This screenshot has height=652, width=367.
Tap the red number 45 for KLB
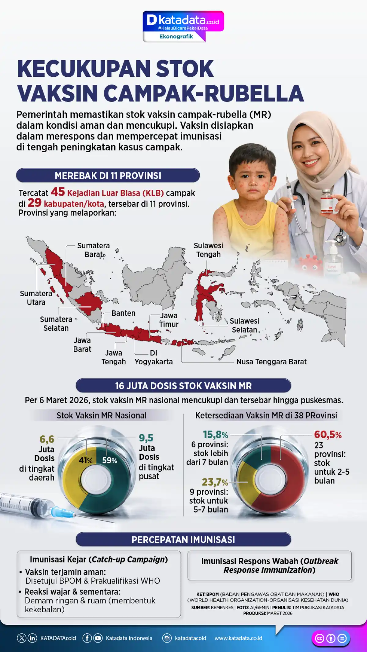coord(58,192)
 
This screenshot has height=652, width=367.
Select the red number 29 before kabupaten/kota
coord(34,203)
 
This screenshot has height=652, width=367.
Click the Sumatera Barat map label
coord(94,250)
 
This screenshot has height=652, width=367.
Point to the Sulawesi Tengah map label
coord(208,250)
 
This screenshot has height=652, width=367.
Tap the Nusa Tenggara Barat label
coord(271,362)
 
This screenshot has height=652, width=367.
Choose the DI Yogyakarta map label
coord(154,357)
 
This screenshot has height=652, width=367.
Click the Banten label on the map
coord(123,313)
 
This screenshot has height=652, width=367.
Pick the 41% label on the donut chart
coord(86,460)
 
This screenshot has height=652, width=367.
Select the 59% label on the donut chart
coord(109,460)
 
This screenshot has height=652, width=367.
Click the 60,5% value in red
coord(328,435)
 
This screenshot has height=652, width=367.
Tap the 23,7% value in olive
coord(215,482)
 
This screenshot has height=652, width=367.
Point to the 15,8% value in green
coord(215,435)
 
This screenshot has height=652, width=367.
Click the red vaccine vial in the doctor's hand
coord(327,202)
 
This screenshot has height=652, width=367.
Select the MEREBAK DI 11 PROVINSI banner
coord(108,176)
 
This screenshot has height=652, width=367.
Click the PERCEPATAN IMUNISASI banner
coord(183,540)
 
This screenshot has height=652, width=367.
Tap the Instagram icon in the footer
coord(167,638)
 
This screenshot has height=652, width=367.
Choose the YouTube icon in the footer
coord(98,638)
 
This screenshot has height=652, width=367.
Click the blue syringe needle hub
coord(58,511)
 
